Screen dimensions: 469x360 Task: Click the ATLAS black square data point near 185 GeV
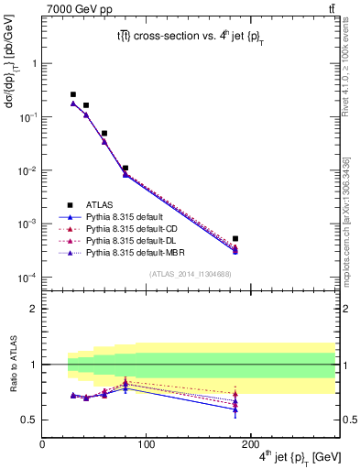(x=235, y=238)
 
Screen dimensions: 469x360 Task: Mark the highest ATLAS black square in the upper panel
(x=73, y=94)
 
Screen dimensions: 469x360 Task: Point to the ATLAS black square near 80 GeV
(x=125, y=169)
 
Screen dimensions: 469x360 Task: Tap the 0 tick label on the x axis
(x=42, y=445)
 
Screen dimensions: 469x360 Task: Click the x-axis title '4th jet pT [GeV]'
(x=301, y=457)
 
